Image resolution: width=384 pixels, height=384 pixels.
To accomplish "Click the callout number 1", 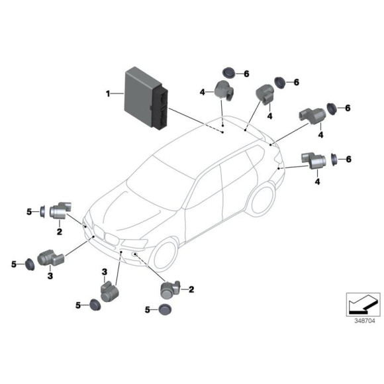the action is (x=108, y=93).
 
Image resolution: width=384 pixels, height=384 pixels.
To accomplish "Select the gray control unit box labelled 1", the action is (x=146, y=99).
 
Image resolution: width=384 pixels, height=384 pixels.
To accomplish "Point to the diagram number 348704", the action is (x=364, y=321).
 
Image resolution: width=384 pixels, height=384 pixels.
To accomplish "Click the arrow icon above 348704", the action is (x=363, y=305).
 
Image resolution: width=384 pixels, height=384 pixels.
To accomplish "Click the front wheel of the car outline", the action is (x=164, y=255).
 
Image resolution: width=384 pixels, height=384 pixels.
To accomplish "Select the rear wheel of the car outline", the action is (x=261, y=199).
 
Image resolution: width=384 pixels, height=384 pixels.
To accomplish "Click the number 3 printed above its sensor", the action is (x=105, y=272).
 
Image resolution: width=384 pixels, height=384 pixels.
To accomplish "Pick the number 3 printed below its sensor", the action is (x=50, y=276).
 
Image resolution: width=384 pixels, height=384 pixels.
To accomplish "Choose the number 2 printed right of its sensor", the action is (x=191, y=289).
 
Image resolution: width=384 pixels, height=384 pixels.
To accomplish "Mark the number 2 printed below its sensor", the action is (x=60, y=232).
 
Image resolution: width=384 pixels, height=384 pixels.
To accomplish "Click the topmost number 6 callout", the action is (x=246, y=73).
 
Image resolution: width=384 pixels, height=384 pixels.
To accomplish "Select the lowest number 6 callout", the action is (x=348, y=160).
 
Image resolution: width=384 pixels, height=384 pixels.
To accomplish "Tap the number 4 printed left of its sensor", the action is (x=203, y=92).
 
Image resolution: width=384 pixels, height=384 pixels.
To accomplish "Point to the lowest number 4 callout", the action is (x=317, y=181).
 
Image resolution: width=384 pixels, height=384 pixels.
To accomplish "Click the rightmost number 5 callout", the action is (x=147, y=310).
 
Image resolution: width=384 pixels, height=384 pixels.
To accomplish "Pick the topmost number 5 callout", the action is (x=29, y=212).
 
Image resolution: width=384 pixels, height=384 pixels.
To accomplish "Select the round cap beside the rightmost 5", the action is (x=165, y=310).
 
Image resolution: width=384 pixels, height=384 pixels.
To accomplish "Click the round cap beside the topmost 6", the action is (x=228, y=72).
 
